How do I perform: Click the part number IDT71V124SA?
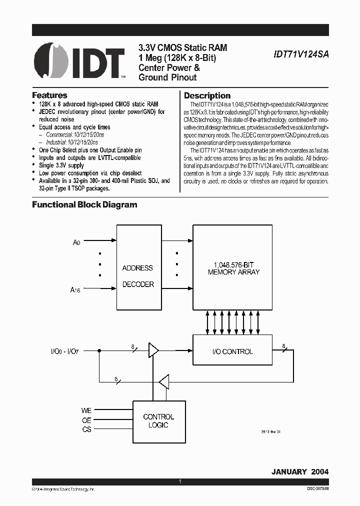pyautogui.click(x=300, y=57)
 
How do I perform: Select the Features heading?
pyautogui.click(x=49, y=95)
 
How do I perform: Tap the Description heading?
pyautogui.click(x=207, y=95)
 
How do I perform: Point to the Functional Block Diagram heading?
pyautogui.click(x=84, y=204)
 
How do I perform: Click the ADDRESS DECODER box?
pyautogui.click(x=137, y=276)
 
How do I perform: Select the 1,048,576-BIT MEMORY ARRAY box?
pyautogui.click(x=233, y=267)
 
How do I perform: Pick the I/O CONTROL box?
pyautogui.click(x=233, y=351)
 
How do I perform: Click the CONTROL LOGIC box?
pyautogui.click(x=158, y=420)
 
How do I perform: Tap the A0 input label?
pyautogui.click(x=76, y=242)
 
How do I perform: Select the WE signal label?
pyautogui.click(x=86, y=410)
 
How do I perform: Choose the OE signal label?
pyautogui.click(x=86, y=420)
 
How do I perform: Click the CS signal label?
pyautogui.click(x=86, y=429)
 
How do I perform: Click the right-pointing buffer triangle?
pyautogui.click(x=153, y=350)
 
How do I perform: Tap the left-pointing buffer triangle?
pyautogui.click(x=163, y=383)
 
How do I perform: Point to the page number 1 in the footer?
pyautogui.click(x=179, y=481)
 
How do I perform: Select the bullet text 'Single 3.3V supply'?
pyautogui.click(x=61, y=165)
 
